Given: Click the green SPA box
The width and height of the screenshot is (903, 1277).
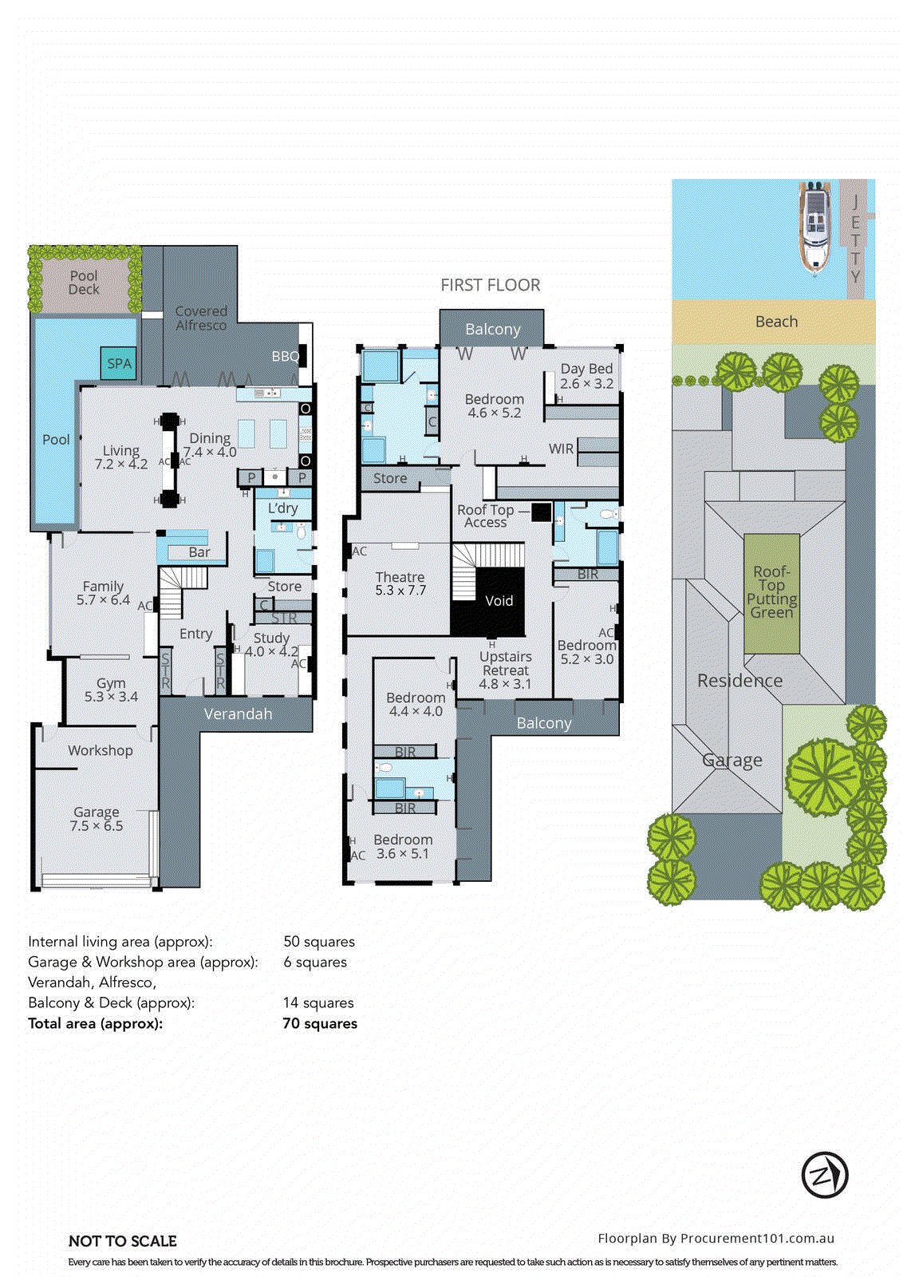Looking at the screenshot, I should (x=119, y=363).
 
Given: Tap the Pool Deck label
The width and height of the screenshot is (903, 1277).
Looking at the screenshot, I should (x=84, y=283).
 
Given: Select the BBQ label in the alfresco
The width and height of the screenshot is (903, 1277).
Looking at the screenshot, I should (x=285, y=357).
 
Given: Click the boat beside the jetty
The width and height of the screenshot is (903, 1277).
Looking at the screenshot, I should (x=814, y=227).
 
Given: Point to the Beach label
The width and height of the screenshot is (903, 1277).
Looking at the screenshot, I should (x=775, y=322).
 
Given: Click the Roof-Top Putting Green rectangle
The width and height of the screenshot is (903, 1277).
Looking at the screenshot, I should (x=771, y=593).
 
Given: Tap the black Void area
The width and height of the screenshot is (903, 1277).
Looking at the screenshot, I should (x=499, y=601).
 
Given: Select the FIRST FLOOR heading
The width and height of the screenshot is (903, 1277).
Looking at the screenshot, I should (x=490, y=285).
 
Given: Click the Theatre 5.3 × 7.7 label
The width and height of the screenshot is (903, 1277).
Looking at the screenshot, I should (x=400, y=583).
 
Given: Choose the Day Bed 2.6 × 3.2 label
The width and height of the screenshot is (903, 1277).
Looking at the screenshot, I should (x=586, y=376).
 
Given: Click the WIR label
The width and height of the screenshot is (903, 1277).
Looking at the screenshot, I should (x=561, y=449).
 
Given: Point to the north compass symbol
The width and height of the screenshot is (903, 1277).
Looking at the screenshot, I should (x=824, y=1175).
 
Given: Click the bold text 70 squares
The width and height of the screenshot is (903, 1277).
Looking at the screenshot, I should (x=320, y=1023).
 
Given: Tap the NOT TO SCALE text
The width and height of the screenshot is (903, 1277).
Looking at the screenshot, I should (x=122, y=1241).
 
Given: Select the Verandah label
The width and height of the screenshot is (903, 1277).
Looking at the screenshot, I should (x=238, y=714).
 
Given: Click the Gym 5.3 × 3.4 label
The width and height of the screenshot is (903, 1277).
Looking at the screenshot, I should (x=111, y=690).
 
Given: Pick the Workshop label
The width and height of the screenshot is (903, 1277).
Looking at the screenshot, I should (x=100, y=750).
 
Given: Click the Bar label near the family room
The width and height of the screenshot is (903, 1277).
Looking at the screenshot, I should (x=199, y=552).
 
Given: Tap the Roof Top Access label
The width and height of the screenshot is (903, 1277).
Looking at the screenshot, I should (x=485, y=516).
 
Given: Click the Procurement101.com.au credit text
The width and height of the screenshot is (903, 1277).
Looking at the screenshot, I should (x=716, y=1238).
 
